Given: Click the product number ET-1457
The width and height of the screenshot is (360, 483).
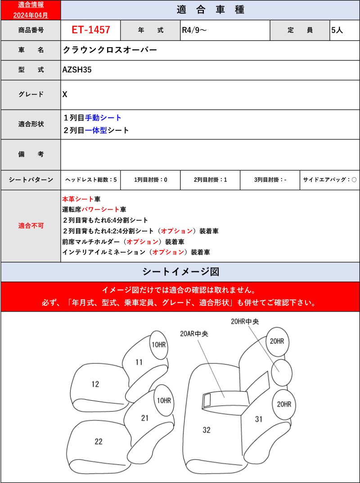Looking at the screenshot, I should [91, 30].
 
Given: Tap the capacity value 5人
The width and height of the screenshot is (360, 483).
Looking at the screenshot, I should [337, 31].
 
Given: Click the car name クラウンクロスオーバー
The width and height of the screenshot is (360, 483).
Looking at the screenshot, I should [110, 50].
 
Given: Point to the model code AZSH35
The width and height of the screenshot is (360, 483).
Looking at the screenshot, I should [77, 70].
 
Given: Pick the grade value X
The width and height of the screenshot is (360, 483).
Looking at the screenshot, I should [65, 94].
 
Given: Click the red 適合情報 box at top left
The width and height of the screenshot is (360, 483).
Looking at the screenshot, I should [31, 10].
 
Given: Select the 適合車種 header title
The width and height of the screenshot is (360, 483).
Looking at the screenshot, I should [210, 10].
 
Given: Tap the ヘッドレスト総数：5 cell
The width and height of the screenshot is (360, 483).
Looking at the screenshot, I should [91, 180].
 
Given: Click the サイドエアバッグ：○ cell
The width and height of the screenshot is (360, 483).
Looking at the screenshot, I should [330, 180].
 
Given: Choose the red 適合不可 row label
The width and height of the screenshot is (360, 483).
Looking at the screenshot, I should [31, 226].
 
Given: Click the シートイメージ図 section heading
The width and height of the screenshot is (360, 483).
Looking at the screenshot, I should [180, 272].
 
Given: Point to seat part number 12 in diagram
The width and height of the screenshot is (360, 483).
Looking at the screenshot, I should [95, 385].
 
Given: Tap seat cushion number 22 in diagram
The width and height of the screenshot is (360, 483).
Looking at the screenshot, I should [99, 442].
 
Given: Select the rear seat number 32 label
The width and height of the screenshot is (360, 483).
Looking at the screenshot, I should [207, 430].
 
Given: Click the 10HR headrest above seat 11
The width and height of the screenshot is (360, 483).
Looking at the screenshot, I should [158, 344].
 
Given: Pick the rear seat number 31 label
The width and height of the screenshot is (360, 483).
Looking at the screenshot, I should [258, 419].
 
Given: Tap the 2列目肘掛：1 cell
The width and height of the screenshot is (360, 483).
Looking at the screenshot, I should [210, 180].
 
